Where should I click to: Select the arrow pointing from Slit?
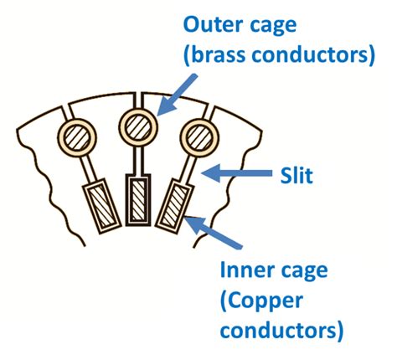(x=243, y=174)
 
